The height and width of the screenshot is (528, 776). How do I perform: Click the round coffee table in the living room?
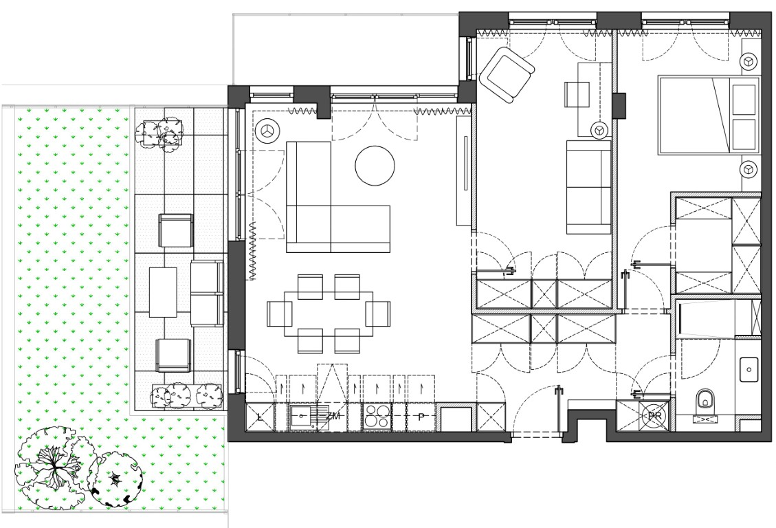click(x=375, y=166)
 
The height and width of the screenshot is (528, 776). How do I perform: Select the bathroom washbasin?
click(x=749, y=370)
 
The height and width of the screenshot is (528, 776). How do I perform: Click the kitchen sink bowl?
click(x=300, y=416)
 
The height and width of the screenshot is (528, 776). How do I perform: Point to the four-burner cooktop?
click(x=377, y=417)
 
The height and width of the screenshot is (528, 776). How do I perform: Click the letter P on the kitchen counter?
click(x=421, y=417)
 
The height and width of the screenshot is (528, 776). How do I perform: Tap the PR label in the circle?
click(x=654, y=416)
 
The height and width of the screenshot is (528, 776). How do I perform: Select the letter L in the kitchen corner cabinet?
click(x=260, y=417)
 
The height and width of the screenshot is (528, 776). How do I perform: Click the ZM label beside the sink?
click(x=333, y=416)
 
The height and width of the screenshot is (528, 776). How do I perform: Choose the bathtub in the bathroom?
click(x=717, y=319)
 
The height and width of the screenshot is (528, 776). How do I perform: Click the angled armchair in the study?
click(x=507, y=75)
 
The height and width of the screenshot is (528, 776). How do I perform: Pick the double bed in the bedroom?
click(x=708, y=114)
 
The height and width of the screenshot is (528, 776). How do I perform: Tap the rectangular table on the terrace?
click(x=163, y=292)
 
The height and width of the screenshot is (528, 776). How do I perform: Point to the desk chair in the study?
click(x=577, y=93)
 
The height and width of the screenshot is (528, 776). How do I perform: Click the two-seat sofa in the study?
click(x=588, y=187)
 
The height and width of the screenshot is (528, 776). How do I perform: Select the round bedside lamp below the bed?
click(x=749, y=169)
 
